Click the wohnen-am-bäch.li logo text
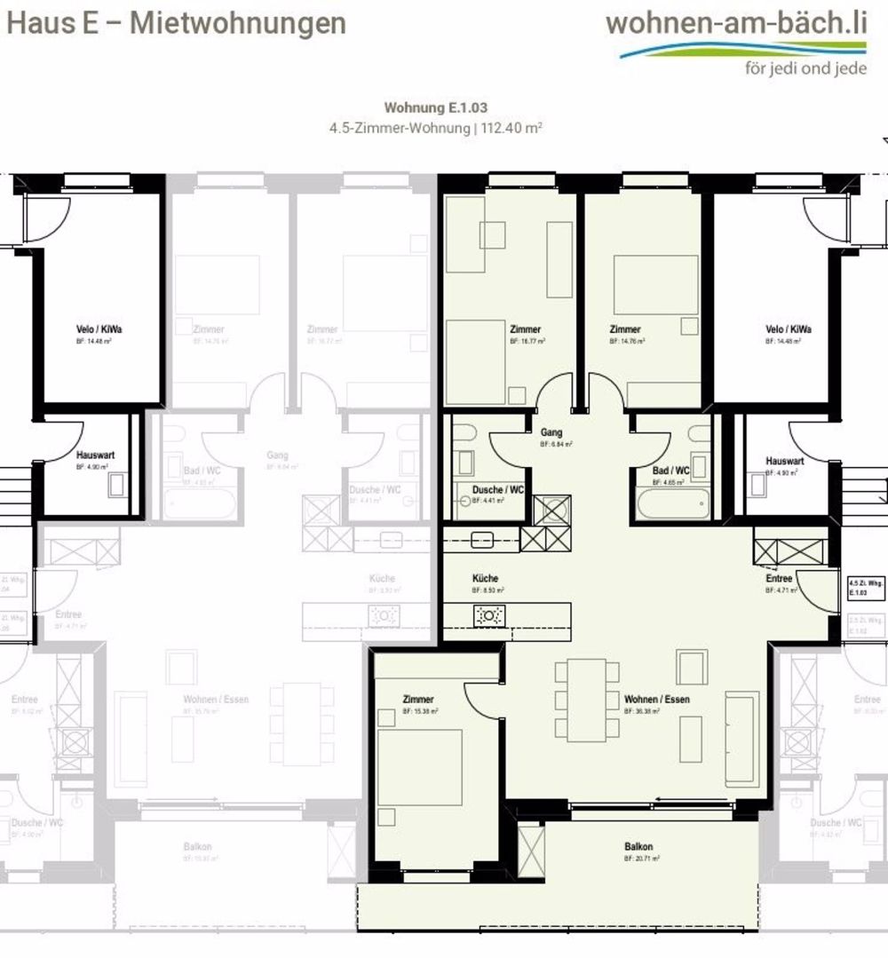[736, 23]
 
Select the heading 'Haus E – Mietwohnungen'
[176, 23]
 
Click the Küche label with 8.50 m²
[486, 578]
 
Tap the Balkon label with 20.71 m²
[638, 847]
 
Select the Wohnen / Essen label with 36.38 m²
[656, 700]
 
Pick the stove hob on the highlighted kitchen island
[488, 614]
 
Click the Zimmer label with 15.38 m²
[417, 700]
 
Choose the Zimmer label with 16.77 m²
[525, 329]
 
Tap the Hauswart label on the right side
[784, 462]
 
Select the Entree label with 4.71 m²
[779, 579]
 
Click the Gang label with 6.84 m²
[551, 432]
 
